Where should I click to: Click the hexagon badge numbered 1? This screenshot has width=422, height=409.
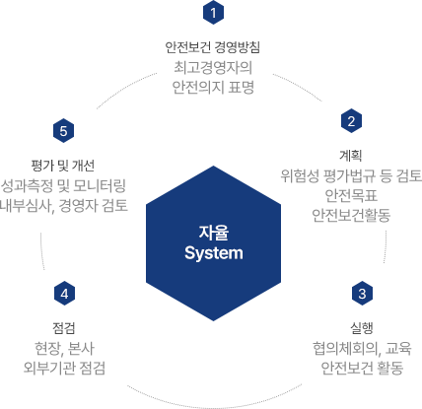coord(213,13)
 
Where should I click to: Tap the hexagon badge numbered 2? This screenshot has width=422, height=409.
coord(351,121)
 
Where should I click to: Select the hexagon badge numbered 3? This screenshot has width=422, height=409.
coord(362,293)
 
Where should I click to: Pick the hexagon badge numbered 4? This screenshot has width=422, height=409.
coord(64,293)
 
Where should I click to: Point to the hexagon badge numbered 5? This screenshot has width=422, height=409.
coord(63,131)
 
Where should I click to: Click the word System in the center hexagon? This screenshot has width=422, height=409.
coord(214,253)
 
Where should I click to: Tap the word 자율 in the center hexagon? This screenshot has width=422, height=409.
coord(214,233)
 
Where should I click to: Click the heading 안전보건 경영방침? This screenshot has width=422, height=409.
coord(213,47)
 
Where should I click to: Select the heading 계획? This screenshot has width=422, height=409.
coord(351,155)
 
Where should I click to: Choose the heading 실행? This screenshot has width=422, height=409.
coord(362,327)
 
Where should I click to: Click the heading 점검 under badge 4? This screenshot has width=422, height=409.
coord(64,328)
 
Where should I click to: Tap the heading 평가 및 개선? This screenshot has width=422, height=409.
coord(63,166)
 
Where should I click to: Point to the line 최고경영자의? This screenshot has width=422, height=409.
coord(213,68)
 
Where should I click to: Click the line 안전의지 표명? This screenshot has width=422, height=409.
coord(213,88)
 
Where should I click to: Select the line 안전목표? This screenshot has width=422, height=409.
coord(351,195)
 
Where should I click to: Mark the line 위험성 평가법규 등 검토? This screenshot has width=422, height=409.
coord(351,175)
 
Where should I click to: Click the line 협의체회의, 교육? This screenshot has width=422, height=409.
coord(362,348)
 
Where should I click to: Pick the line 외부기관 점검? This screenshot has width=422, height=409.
coord(64,368)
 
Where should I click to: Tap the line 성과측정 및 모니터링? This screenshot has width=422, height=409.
coord(63,186)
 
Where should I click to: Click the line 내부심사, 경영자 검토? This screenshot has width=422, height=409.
coord(64,206)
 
